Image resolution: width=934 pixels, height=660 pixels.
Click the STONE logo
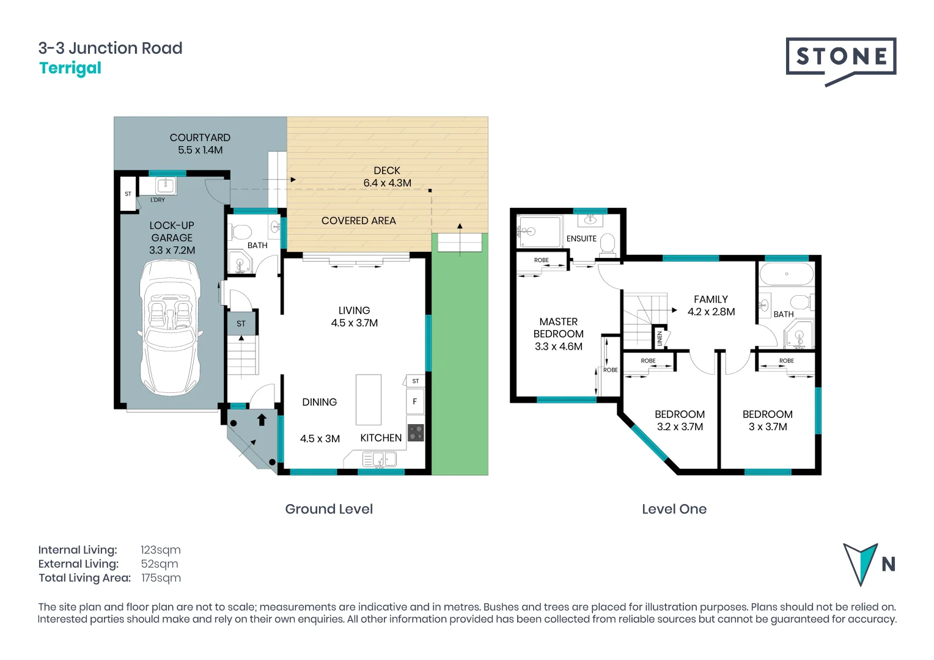pos(840,57)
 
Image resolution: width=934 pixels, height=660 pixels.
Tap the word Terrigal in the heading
pos(70,68)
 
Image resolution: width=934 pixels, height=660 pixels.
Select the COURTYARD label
pos(200,137)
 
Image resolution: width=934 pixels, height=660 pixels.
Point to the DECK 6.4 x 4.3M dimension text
pos(387,183)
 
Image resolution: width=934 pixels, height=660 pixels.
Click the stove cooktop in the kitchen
pos(416,433)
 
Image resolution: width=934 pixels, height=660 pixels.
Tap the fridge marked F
pos(415,402)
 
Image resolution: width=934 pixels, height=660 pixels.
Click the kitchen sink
pos(379,458)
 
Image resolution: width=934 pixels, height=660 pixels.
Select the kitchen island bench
pos(369,400)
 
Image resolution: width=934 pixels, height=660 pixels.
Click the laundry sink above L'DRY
pos(165,185)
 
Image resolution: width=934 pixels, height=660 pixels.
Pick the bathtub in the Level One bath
pos(787,274)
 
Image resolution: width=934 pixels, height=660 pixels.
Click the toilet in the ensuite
pos(607,243)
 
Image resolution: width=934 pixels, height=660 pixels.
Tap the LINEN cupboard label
pos(660,338)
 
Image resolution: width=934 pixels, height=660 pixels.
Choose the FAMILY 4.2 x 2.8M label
pos(711,306)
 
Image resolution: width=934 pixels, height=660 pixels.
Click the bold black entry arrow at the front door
pos(262,419)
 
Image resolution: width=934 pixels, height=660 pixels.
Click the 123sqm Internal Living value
pos(160,550)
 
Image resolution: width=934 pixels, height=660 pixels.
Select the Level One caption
pos(674,509)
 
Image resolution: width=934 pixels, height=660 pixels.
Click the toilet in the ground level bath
pos(241,232)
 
